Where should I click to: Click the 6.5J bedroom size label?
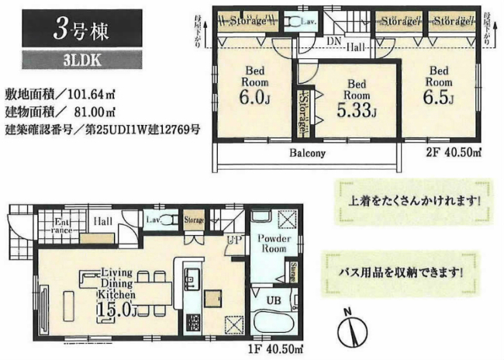tap(437, 98)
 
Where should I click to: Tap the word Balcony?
tap(308, 154)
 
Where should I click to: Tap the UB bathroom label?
tap(274, 299)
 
